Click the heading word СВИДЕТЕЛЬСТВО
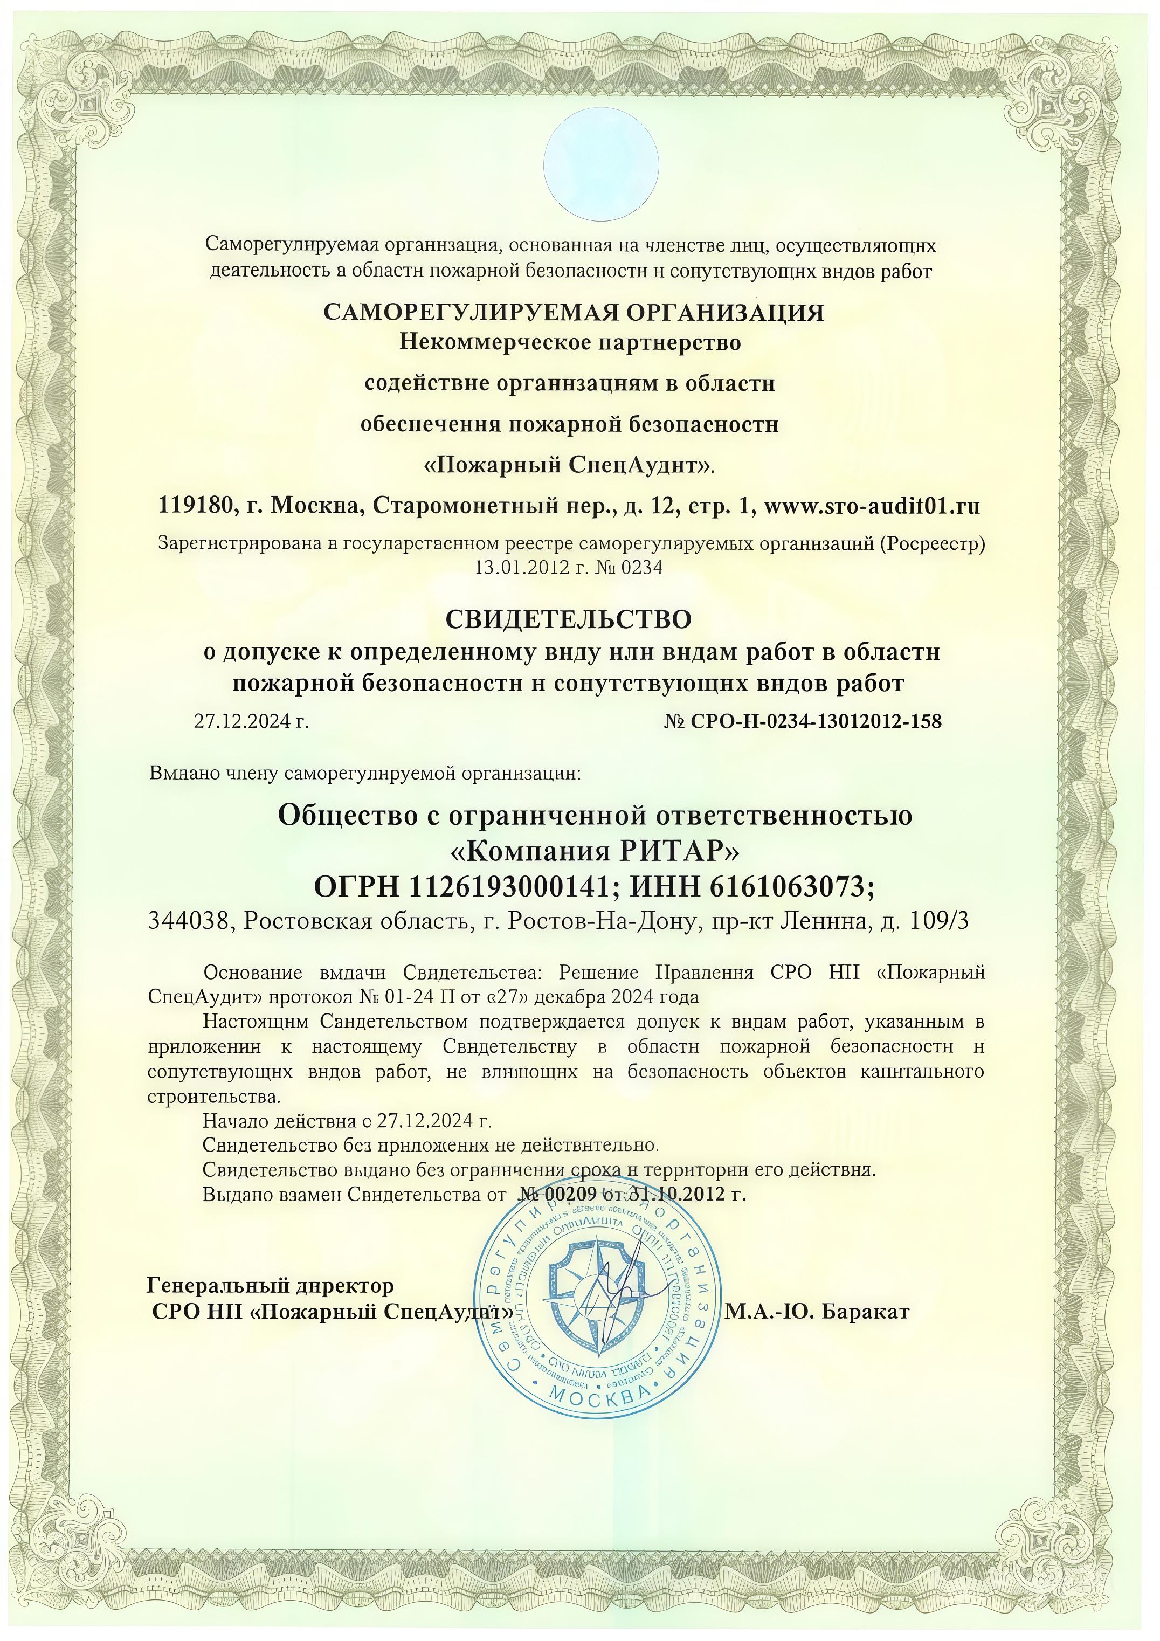(x=568, y=618)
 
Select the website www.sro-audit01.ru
(x=871, y=506)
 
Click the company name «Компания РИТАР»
(x=595, y=852)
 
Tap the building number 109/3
(x=939, y=922)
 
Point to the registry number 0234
(x=643, y=568)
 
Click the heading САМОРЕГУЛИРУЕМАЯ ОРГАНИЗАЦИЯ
(x=574, y=312)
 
